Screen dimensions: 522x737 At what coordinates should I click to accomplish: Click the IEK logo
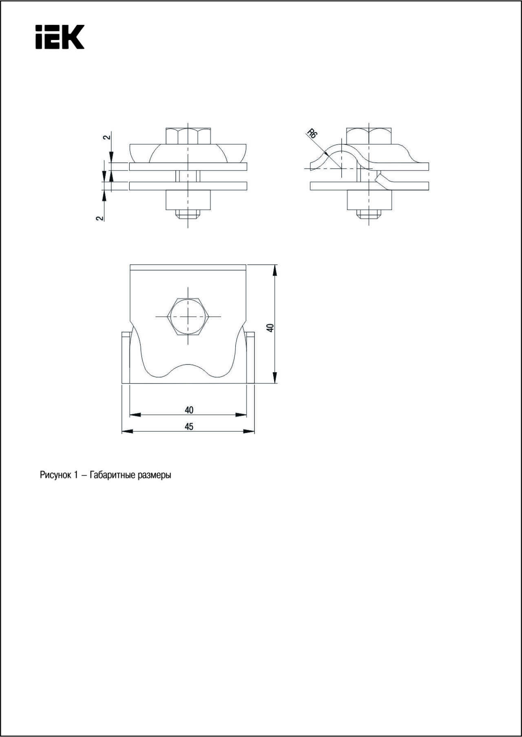[60, 37]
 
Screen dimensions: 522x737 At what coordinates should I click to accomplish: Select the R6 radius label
[312, 133]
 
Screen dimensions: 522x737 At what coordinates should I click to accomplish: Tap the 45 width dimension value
[189, 427]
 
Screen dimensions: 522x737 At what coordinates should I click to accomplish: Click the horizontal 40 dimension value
[189, 410]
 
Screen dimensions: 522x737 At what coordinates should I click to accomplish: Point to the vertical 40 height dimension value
[270, 327]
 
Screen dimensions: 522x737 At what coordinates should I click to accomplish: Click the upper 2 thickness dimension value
[106, 137]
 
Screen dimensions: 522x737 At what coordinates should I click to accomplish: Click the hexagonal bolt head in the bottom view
[188, 316]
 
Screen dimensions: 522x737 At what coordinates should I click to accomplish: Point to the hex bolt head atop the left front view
[188, 136]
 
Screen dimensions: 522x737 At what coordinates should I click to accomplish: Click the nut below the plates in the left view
[188, 200]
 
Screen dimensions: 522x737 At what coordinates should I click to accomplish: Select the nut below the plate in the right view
[369, 200]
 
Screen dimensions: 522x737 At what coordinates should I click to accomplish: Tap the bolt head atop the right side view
[369, 136]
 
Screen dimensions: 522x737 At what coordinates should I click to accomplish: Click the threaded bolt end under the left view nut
[188, 214]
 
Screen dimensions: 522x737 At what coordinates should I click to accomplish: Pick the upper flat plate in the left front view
[188, 166]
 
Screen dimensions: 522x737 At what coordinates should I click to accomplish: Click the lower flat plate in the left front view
[188, 186]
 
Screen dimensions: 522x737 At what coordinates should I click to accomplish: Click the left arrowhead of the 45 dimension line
[127, 431]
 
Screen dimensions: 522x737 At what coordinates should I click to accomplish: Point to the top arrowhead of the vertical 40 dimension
[275, 270]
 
